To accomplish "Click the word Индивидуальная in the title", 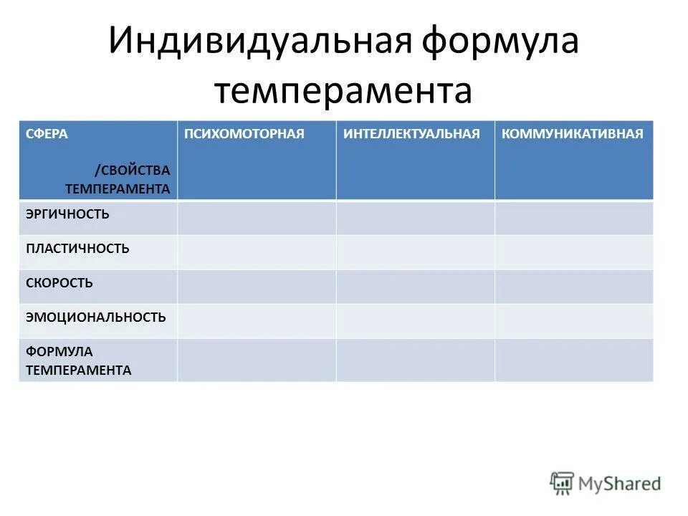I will pos(259,42).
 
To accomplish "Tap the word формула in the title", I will pos(500,42).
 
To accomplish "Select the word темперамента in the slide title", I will pos(343,92).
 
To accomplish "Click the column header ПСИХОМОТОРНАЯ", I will pos(244,135).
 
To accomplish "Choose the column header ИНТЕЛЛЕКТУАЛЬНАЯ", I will pos(411,135).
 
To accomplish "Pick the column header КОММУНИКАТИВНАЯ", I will pos(573,135).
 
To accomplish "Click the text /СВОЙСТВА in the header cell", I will pos(132,171).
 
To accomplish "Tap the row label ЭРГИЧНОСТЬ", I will pos(67,214).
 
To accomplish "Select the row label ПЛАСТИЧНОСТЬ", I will pos(77,249).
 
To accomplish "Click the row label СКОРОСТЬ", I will pos(59,283).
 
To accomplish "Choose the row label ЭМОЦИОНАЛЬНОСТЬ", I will pos(95,317).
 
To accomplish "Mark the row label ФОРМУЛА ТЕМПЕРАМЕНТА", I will pos(78,360).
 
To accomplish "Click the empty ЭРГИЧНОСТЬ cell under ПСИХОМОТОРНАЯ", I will pos(257,218).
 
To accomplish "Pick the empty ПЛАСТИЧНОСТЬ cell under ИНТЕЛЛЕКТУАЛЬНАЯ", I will pos(415,252).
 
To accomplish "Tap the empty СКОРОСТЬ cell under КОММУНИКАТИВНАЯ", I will pos(573,287).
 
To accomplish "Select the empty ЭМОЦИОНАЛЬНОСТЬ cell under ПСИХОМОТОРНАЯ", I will pos(257,321).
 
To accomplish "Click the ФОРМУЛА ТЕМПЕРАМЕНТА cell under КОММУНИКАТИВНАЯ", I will pos(573,360).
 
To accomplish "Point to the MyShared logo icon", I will pos(562,482).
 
